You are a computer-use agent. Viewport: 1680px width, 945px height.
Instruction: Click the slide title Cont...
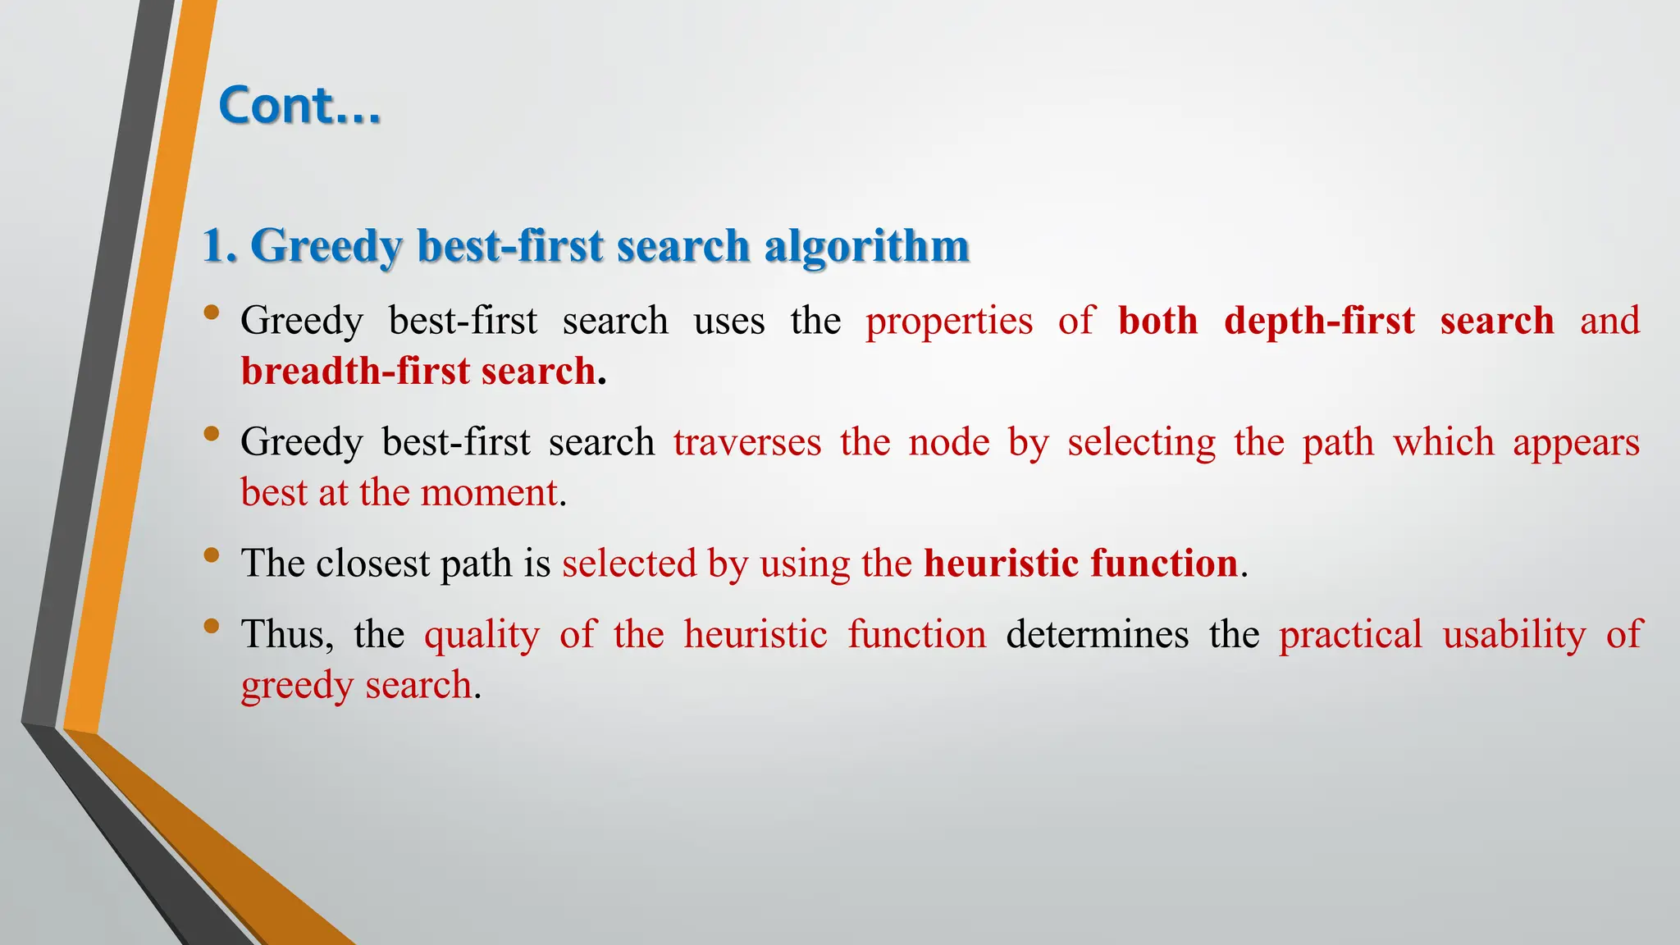tap(299, 107)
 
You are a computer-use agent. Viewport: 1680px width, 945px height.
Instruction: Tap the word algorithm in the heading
tap(866, 246)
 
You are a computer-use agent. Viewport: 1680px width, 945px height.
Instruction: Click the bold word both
tap(1157, 321)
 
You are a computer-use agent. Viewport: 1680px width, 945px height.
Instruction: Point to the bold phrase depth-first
tap(1319, 321)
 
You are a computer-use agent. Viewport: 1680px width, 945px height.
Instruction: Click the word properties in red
tap(949, 321)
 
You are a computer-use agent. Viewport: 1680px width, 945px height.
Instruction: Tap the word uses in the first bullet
tap(728, 321)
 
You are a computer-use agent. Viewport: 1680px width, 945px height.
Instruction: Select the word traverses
tap(747, 443)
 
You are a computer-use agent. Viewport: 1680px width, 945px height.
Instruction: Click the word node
tap(949, 443)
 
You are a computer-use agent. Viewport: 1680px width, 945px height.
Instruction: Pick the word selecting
tap(1141, 443)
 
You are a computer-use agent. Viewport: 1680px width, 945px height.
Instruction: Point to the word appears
tap(1576, 443)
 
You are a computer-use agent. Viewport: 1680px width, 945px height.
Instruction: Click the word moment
tap(489, 493)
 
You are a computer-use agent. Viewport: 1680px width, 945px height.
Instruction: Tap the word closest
tap(373, 564)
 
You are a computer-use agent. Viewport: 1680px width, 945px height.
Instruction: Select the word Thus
tap(287, 635)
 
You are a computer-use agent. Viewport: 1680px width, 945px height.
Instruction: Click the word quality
tap(482, 635)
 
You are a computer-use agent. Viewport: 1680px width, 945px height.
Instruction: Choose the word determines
tap(1097, 635)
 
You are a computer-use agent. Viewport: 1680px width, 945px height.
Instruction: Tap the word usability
tap(1514, 635)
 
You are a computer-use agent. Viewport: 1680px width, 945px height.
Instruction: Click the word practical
tap(1350, 635)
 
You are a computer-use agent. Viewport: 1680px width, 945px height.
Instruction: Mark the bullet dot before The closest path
tap(212, 555)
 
